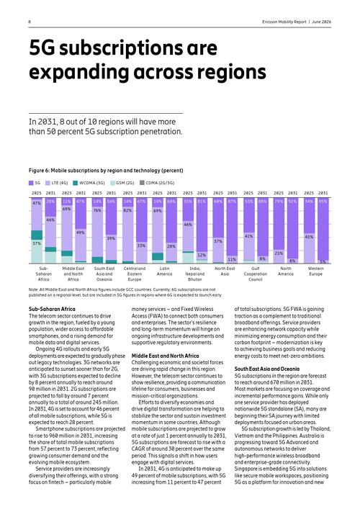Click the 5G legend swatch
point(31,183)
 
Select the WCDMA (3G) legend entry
point(89,183)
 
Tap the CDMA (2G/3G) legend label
point(160,183)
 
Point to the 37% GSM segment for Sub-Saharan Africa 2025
point(37,251)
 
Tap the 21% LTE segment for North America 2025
point(279,256)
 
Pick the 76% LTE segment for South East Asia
point(97,232)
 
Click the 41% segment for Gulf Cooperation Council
point(248,246)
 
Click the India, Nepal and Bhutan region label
point(195,274)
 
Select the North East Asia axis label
point(225,271)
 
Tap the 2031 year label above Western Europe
point(323,193)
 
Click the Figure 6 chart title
point(106,171)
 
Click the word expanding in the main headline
point(79,72)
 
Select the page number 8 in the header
point(30,22)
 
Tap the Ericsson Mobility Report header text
point(284,22)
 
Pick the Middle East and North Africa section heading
point(165,356)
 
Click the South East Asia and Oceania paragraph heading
point(267,369)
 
